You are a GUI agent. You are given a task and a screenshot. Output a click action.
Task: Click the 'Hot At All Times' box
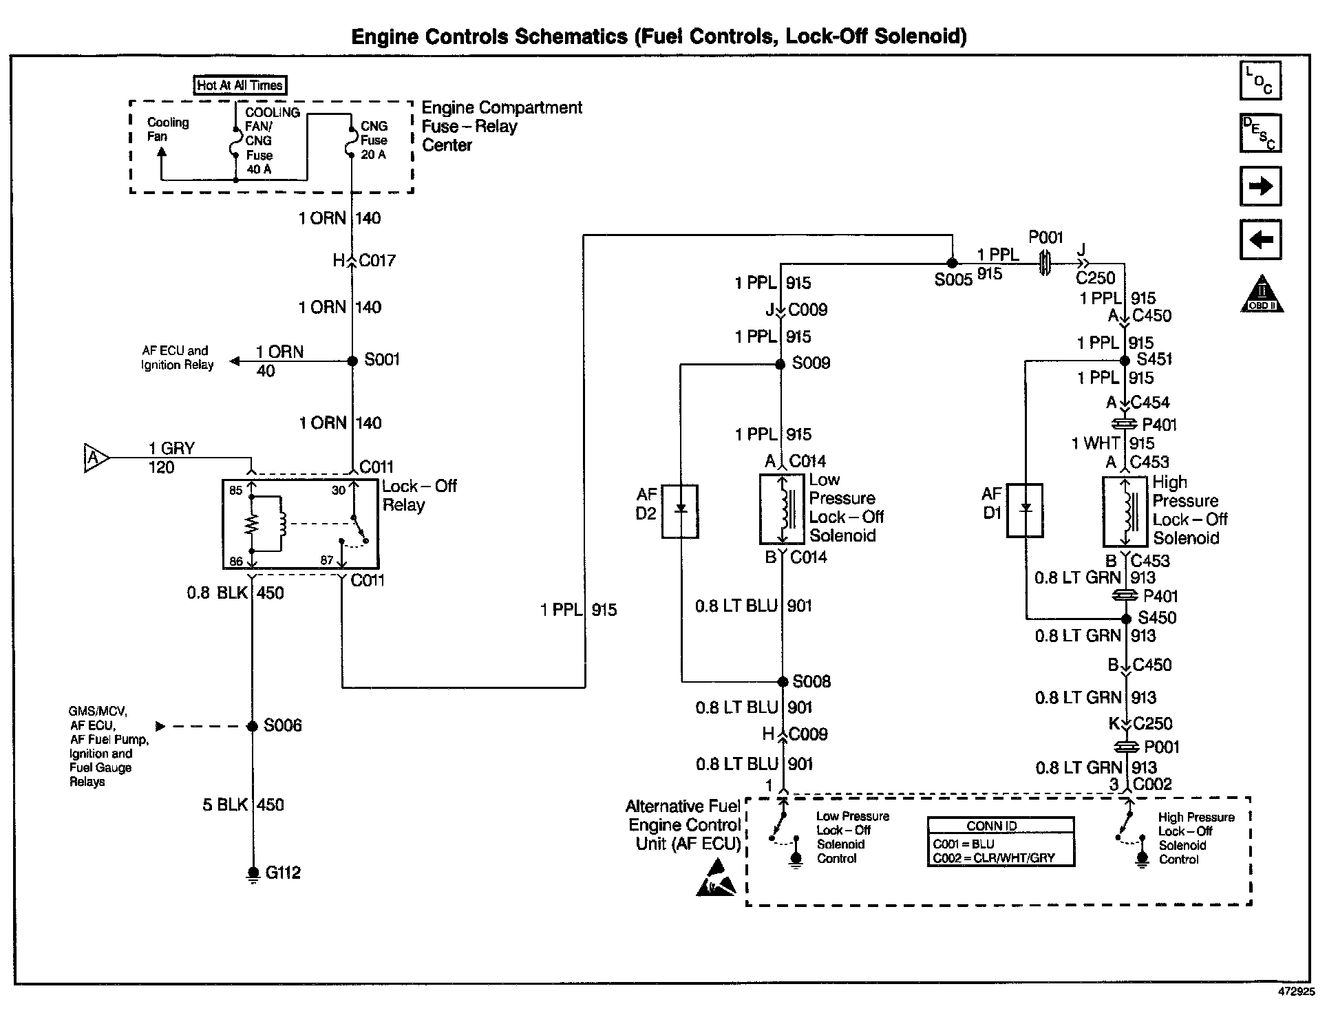pos(240,85)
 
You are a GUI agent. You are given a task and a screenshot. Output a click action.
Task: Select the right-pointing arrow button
pos(1260,186)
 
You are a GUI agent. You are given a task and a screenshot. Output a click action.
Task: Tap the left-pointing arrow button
pos(1260,239)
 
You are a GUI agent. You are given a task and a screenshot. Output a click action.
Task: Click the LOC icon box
pos(1260,81)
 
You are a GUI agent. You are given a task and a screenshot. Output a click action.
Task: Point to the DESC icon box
pos(1260,133)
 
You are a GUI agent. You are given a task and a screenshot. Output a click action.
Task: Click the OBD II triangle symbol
pos(1262,295)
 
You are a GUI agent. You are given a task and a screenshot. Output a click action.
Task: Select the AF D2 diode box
pos(680,511)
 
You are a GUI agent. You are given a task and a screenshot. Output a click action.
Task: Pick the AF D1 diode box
pos(1025,510)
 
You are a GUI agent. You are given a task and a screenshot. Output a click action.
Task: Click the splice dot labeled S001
pos(352,361)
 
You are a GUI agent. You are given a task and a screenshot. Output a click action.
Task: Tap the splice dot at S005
pos(952,263)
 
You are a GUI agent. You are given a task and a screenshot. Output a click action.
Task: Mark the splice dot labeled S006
pos(253,726)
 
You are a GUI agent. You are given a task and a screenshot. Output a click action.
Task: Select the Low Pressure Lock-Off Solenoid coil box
pos(782,509)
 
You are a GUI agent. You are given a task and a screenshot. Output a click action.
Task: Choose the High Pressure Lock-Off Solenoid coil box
pos(1125,511)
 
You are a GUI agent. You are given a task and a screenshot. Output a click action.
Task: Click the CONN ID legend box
pos(1001,841)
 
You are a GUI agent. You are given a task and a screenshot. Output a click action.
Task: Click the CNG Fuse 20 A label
pos(374,140)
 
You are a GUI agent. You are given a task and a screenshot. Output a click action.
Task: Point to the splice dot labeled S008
pos(783,682)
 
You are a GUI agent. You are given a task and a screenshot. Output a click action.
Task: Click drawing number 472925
pos(1296,992)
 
